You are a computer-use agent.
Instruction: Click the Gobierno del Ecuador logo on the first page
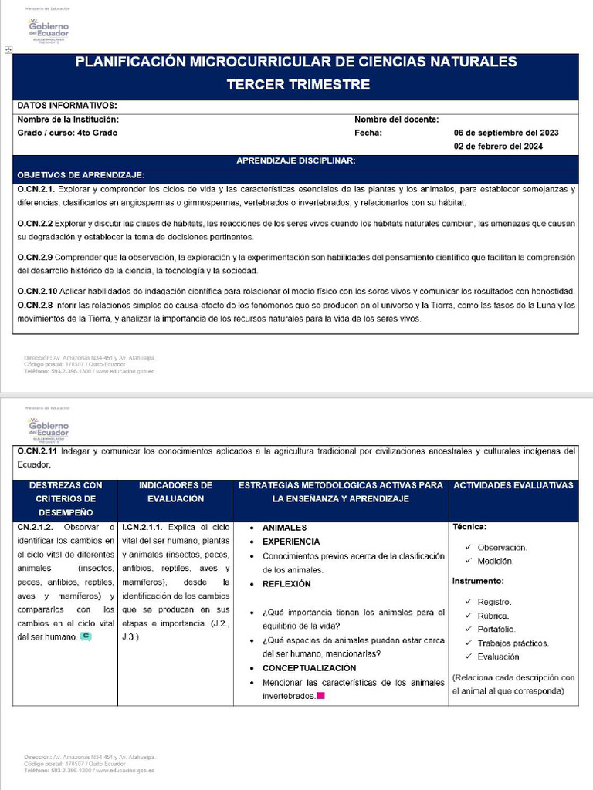pyautogui.click(x=48, y=31)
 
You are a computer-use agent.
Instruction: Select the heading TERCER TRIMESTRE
pyautogui.click(x=297, y=85)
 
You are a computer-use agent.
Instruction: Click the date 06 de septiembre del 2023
pyautogui.click(x=506, y=133)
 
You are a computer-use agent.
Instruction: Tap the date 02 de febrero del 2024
pyautogui.click(x=498, y=147)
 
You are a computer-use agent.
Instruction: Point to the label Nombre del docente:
pyautogui.click(x=397, y=120)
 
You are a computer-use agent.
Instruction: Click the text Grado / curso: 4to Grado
pyautogui.click(x=67, y=133)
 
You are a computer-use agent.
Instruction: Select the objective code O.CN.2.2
pyautogui.click(x=35, y=223)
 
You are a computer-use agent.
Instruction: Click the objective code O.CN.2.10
pyautogui.click(x=37, y=291)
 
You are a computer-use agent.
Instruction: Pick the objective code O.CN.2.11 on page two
pyautogui.click(x=37, y=451)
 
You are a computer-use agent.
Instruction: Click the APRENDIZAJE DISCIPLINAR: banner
pyautogui.click(x=296, y=160)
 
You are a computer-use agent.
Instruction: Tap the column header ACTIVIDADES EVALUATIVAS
pyautogui.click(x=513, y=485)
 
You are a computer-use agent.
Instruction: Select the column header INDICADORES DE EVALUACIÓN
pyautogui.click(x=175, y=491)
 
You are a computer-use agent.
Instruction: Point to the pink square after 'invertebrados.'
pyautogui.click(x=320, y=696)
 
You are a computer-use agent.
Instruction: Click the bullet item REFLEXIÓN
pyautogui.click(x=286, y=584)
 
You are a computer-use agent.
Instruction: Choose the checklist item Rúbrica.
pyautogui.click(x=493, y=616)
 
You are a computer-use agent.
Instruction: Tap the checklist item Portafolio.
pyautogui.click(x=496, y=630)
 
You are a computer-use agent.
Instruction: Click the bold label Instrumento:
pyautogui.click(x=478, y=580)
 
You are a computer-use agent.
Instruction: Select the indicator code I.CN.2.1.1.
pyautogui.click(x=142, y=528)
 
